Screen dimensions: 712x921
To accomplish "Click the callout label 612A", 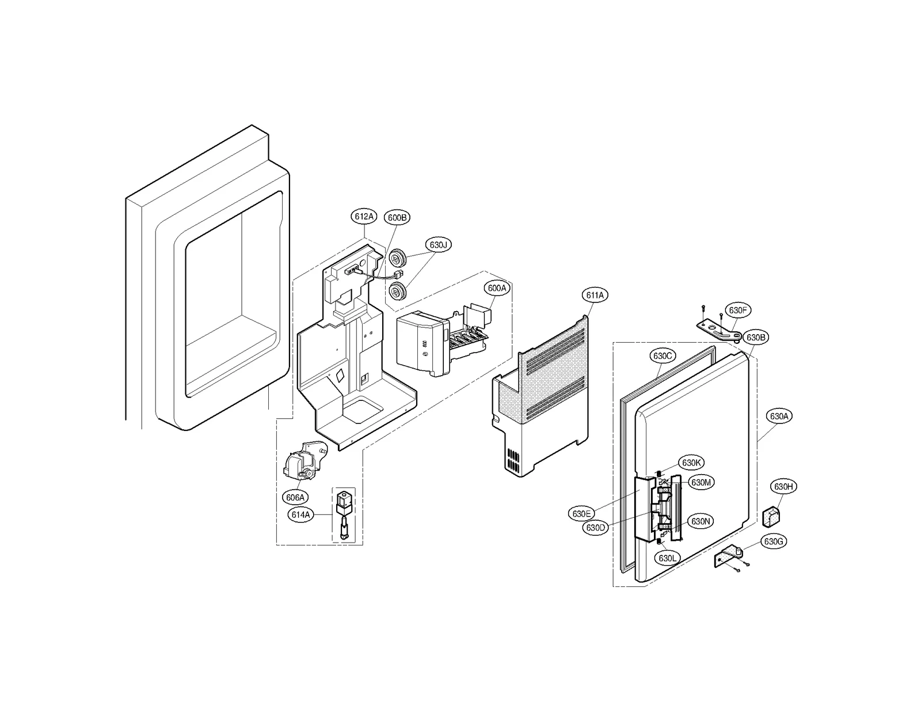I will tap(364, 217).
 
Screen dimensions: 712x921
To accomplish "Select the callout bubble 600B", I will tap(397, 217).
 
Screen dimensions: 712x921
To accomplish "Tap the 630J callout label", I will tap(438, 245).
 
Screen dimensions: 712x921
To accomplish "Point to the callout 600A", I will tap(496, 288).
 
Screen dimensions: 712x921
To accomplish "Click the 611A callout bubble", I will tap(595, 295).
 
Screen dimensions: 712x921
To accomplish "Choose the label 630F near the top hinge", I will tap(737, 310).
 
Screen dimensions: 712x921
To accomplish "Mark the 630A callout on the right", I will tap(779, 416).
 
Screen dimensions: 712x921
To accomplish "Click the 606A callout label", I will tap(296, 497).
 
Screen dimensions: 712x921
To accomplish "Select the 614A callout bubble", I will tap(301, 515).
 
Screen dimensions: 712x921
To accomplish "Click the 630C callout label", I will tap(663, 356).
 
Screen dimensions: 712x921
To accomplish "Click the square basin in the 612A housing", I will tap(363, 408).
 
